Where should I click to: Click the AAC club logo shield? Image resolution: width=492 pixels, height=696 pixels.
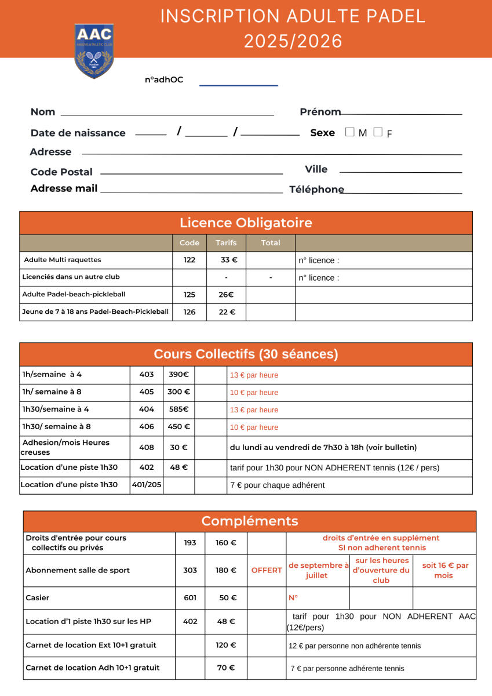[94, 51]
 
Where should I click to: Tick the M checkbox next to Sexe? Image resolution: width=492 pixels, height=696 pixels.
[350, 132]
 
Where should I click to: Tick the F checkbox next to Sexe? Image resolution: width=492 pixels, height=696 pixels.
[378, 132]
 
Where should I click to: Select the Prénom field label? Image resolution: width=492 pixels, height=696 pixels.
[320, 112]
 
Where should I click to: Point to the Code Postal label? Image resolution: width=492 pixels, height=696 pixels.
[61, 172]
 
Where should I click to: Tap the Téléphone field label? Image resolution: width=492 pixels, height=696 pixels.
[316, 189]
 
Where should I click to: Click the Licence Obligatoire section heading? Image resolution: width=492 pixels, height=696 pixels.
[246, 223]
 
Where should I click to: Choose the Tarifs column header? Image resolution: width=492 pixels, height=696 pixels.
[226, 243]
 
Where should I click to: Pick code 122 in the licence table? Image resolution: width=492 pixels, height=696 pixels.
[189, 260]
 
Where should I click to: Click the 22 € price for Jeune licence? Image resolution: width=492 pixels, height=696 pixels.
[227, 312]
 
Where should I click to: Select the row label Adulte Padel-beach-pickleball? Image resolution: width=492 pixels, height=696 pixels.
[74, 294]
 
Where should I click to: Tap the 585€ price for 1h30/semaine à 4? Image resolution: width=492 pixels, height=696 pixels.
[178, 409]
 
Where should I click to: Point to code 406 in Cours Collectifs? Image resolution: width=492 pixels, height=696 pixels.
[147, 427]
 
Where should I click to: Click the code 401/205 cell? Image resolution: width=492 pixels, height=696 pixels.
[147, 485]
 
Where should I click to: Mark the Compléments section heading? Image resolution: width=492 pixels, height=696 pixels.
[250, 521]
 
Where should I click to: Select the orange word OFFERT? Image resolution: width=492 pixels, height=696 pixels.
[267, 570]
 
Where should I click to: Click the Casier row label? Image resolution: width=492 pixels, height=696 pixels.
[34, 597]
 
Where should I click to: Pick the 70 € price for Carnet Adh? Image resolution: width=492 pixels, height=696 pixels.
[225, 668]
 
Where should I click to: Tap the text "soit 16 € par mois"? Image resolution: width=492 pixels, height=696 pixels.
[444, 570]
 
